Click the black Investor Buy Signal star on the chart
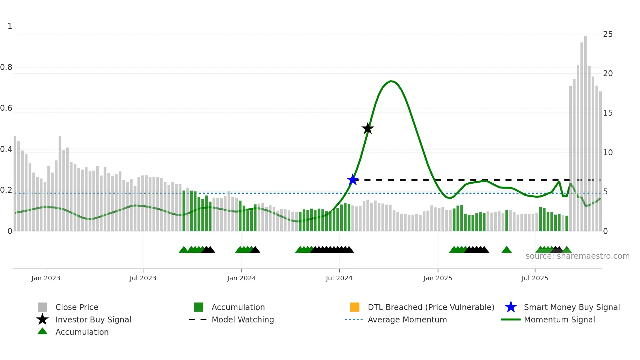pos(368,128)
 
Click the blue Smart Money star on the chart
pos(353,180)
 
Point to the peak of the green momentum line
pos(392,81)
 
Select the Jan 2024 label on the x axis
pos(241,278)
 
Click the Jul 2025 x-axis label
pos(535,278)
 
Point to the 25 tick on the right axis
pos(608,34)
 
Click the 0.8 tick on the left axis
pos(6,67)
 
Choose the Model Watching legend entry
pos(243,319)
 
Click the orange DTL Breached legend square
pos(355,307)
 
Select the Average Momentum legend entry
pos(407,319)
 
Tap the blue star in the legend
pos(511,307)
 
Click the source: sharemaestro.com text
pos(577,256)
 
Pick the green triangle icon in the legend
pos(42,332)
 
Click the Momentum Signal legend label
pos(559,319)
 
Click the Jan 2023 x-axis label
pos(46,278)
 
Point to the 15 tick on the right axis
pos(608,113)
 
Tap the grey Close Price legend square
pos(42,307)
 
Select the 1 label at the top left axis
pos(10,26)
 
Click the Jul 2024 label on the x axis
pos(339,278)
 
